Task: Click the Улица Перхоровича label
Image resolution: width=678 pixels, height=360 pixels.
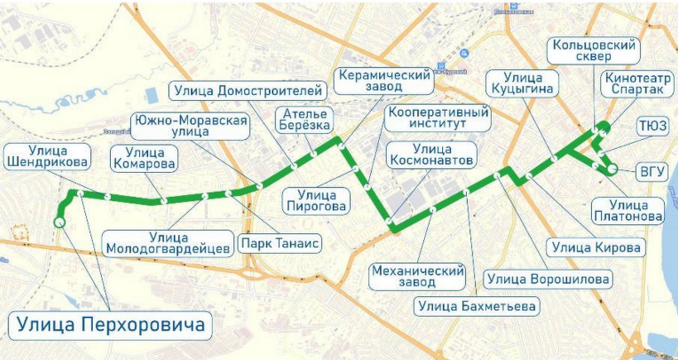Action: [x=110, y=324]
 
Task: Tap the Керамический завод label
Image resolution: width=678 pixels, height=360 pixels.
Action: [x=384, y=80]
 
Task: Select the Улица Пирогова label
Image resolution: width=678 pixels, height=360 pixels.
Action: [x=317, y=201]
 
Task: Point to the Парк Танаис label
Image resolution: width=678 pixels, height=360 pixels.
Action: [x=281, y=244]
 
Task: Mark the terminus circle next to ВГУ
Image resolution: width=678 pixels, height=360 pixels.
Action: [x=612, y=169]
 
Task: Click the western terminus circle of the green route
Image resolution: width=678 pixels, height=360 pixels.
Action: [x=59, y=222]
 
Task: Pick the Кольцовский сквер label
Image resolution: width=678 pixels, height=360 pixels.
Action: [x=594, y=51]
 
